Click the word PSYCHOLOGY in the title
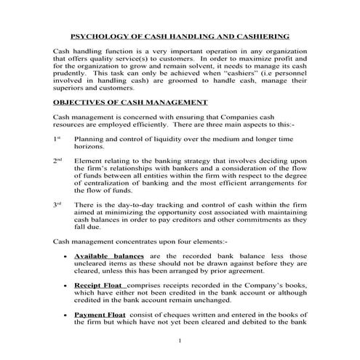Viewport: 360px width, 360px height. coord(98,36)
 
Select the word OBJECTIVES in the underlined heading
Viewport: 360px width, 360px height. coord(80,103)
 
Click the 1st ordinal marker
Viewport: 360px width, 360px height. coord(57,137)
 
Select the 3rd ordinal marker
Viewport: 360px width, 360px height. coord(57,206)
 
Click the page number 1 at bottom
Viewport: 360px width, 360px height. coord(180,340)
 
